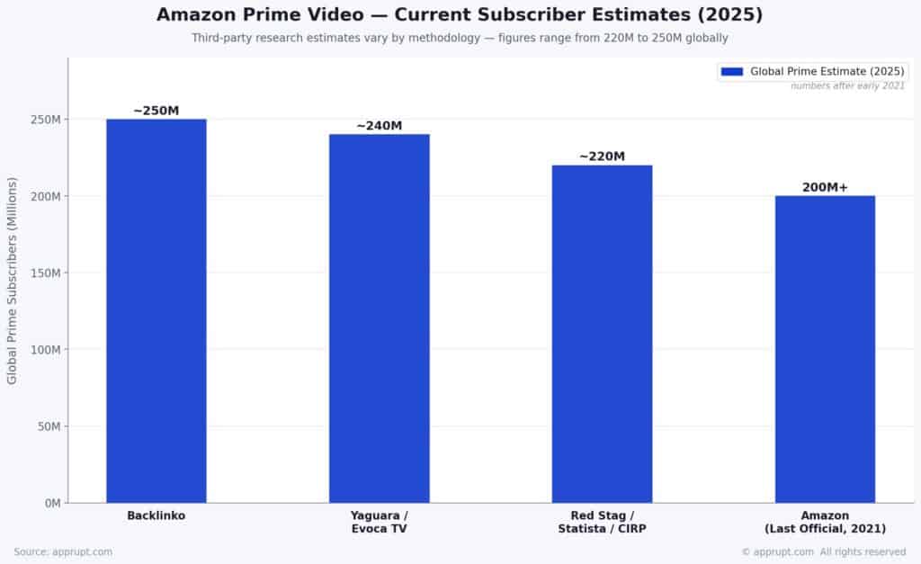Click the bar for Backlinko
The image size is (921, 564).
[156, 310]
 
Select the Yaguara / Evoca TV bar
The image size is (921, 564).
[379, 318]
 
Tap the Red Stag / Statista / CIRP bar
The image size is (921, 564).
[602, 334]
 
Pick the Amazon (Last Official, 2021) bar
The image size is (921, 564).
[825, 349]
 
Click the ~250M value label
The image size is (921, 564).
[156, 111]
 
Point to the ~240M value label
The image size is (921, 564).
[379, 126]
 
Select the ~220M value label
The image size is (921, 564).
[602, 157]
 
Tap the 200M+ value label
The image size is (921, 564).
[825, 187]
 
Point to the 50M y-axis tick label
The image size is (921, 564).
[48, 426]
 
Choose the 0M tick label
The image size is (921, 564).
[51, 503]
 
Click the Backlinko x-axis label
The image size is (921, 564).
[156, 516]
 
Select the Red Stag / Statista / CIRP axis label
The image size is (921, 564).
[602, 522]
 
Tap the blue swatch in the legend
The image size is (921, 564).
[732, 71]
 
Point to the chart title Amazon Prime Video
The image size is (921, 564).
[460, 15]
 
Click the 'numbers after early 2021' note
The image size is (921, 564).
[847, 85]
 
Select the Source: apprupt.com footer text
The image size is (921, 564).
[63, 551]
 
